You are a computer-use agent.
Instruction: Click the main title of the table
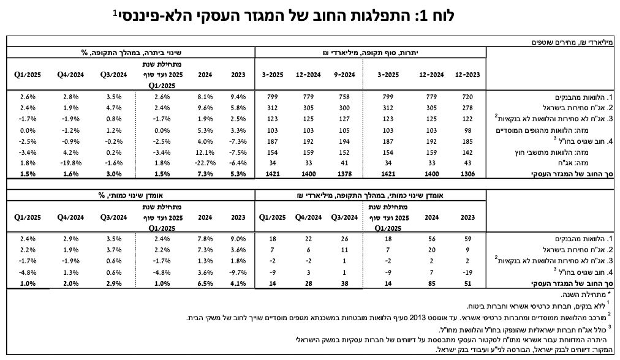pos(284,16)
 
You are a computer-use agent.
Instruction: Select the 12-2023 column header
pos(467,75)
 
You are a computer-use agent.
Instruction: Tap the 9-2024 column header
pos(344,75)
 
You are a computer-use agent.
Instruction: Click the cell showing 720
pos(467,97)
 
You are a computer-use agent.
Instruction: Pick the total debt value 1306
pos(467,174)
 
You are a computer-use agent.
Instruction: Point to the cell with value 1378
pos(344,174)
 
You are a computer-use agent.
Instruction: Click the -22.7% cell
pos(205,163)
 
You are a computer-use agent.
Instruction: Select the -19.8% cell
pos(70,163)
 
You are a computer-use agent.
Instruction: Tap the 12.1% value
pos(205,152)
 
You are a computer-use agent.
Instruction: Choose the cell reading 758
pos(344,97)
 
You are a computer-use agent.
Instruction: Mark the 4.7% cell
pos(114,108)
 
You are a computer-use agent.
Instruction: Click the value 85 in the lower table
pos(432,283)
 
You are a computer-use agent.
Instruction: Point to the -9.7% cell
pos(238,272)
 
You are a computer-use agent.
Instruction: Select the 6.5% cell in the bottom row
pos(205,283)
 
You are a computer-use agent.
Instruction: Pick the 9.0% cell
pos(238,239)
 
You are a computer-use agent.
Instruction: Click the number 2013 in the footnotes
pos(417,318)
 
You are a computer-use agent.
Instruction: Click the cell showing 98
pos(467,130)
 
